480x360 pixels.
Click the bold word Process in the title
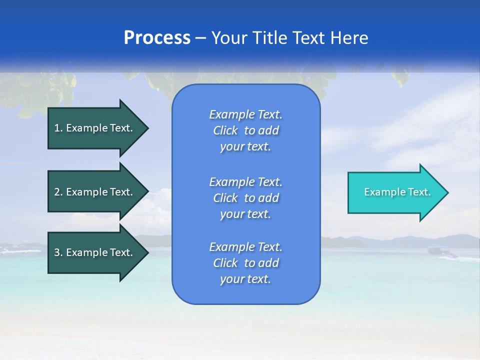pos(157,38)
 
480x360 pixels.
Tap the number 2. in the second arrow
pos(58,192)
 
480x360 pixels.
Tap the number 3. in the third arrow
pos(58,252)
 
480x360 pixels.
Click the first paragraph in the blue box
pos(245,130)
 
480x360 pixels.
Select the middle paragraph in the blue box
pos(245,197)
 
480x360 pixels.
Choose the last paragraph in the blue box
pos(245,263)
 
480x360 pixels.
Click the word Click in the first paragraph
pos(225,130)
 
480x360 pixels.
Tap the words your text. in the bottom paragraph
pos(245,279)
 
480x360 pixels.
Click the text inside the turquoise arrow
pos(397,192)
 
